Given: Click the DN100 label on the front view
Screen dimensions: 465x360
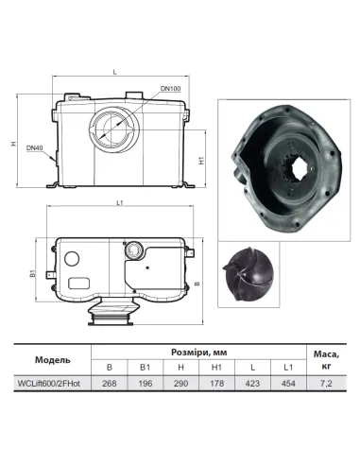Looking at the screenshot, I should coord(171,89).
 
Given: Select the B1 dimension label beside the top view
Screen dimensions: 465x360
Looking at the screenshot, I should coord(33,274).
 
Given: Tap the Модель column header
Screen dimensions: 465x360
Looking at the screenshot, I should coord(47,358).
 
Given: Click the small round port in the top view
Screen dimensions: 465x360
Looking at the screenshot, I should coord(136,250).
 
